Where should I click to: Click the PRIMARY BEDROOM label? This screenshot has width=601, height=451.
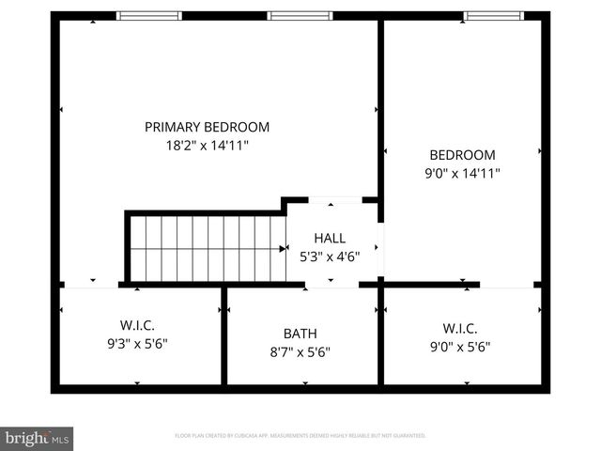(x=207, y=127)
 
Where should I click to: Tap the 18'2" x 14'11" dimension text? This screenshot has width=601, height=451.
(x=207, y=146)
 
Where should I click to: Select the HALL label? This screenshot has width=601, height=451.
(x=329, y=238)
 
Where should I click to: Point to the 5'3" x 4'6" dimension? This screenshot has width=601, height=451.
(x=329, y=256)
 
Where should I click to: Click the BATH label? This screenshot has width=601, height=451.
(x=300, y=334)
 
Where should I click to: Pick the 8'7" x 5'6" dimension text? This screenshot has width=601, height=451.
(x=300, y=352)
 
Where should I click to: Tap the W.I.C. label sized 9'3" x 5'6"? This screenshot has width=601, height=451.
(x=137, y=326)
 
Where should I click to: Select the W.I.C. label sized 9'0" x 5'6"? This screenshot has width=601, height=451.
(x=460, y=328)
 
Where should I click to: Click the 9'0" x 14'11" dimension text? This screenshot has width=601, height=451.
(x=462, y=173)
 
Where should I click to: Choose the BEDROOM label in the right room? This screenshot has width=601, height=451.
(x=462, y=155)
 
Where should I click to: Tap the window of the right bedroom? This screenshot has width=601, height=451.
(x=494, y=16)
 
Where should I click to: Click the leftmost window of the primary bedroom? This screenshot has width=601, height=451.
(x=147, y=16)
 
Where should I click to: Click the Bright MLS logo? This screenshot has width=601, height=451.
(x=38, y=438)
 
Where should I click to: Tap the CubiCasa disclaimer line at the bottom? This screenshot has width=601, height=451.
(x=300, y=436)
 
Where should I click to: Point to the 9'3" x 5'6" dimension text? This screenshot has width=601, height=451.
(x=137, y=344)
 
